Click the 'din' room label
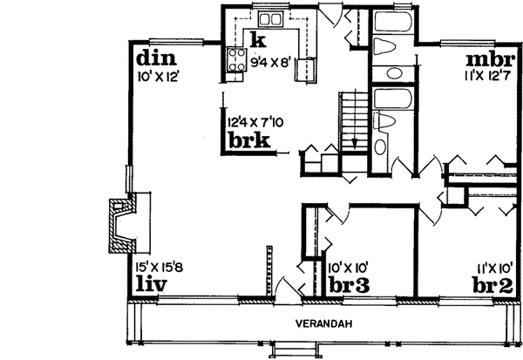click(157, 59)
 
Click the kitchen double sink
click(268, 18)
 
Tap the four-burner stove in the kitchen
click(237, 60)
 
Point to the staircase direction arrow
click(356, 139)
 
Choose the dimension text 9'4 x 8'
click(275, 62)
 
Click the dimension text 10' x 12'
click(157, 77)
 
